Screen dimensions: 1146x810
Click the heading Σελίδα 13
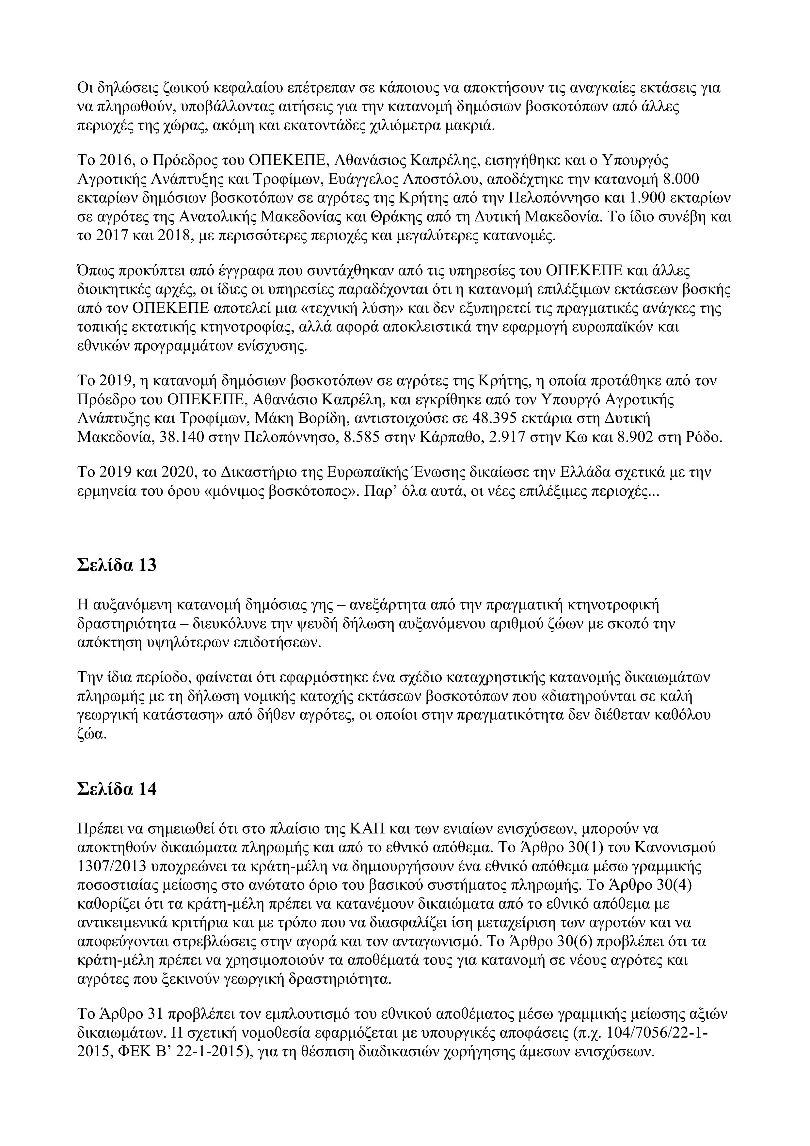(117, 566)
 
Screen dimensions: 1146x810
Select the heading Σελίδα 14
(117, 789)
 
